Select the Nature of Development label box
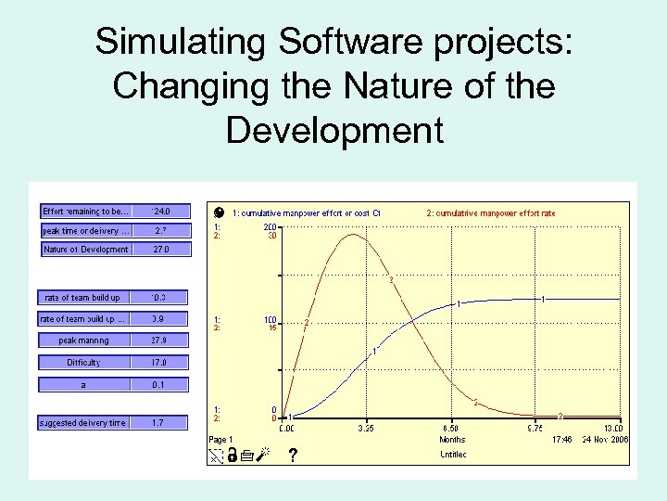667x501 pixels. tap(86, 250)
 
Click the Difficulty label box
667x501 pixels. tap(84, 363)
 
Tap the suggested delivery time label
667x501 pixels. tap(82, 423)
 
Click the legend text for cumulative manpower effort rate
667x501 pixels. tap(490, 213)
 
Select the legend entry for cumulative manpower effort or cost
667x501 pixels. tap(306, 213)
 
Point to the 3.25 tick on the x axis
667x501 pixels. tap(365, 429)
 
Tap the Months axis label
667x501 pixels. tap(452, 440)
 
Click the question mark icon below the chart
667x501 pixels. tap(293, 456)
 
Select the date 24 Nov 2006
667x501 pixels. tap(606, 440)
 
